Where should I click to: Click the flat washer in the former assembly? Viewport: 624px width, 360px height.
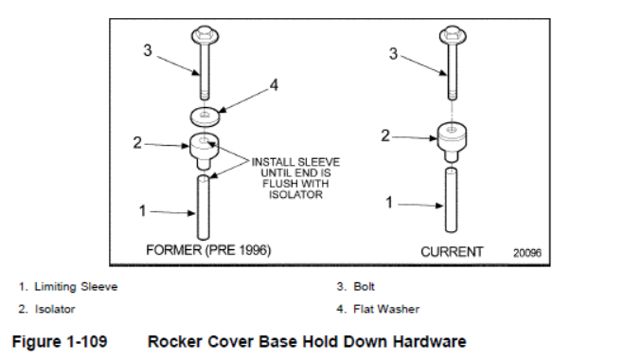205,116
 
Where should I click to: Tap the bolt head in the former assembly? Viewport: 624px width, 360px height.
205,35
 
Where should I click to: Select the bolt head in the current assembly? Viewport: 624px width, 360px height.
453,35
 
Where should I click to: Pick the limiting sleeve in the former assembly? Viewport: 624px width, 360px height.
204,207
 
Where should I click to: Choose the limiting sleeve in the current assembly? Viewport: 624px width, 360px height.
451,200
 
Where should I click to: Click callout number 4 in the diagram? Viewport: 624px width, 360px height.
274,85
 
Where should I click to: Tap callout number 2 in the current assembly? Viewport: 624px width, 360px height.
384,135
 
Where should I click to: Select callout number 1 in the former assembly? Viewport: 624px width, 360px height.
142,210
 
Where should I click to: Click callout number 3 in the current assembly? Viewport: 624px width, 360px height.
393,54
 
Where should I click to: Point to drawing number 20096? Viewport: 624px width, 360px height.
526,253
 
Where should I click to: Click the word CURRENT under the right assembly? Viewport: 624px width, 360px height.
452,252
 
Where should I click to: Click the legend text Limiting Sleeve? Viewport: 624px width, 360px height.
76,287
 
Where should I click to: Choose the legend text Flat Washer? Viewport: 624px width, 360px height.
386,309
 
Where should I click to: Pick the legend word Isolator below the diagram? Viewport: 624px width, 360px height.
55,309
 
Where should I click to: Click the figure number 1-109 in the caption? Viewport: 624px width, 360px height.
87,342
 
